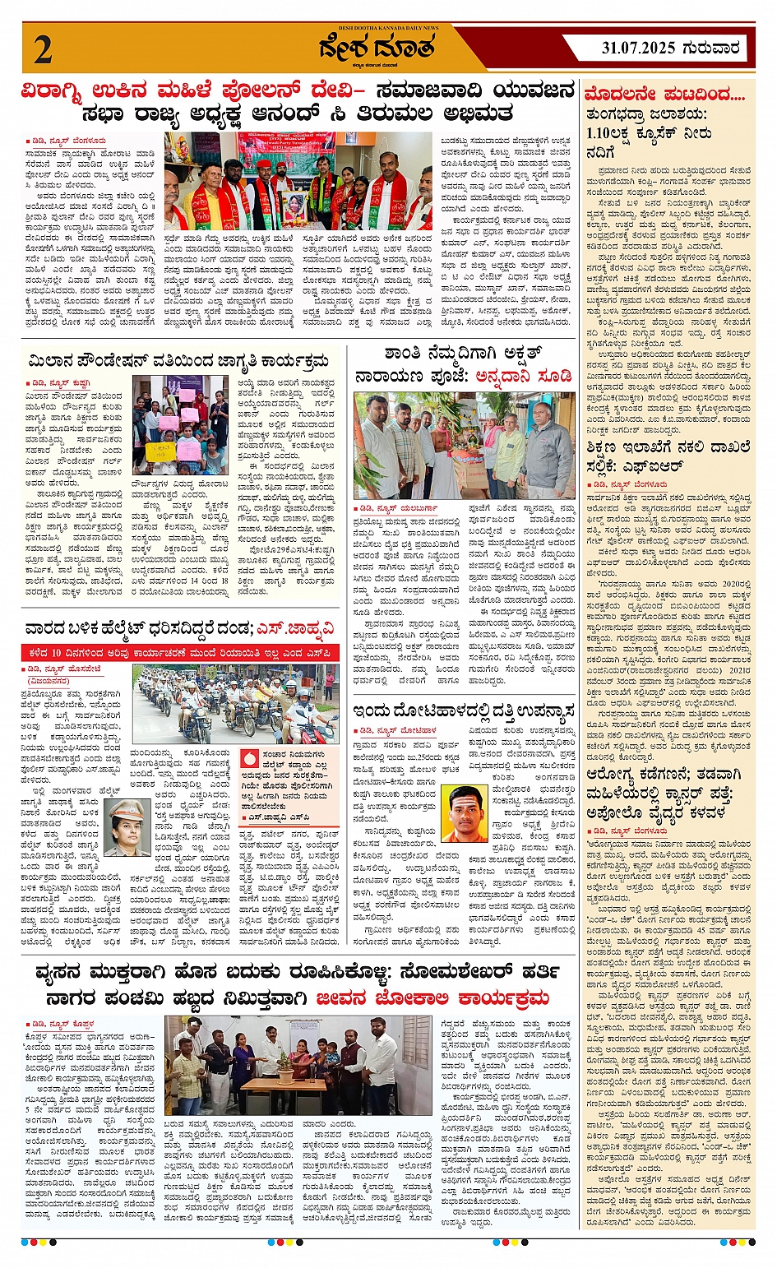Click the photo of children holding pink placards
(180, 425)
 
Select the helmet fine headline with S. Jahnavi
(180, 630)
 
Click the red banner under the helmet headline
(180, 653)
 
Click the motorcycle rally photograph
(235, 704)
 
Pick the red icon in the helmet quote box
(251, 756)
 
